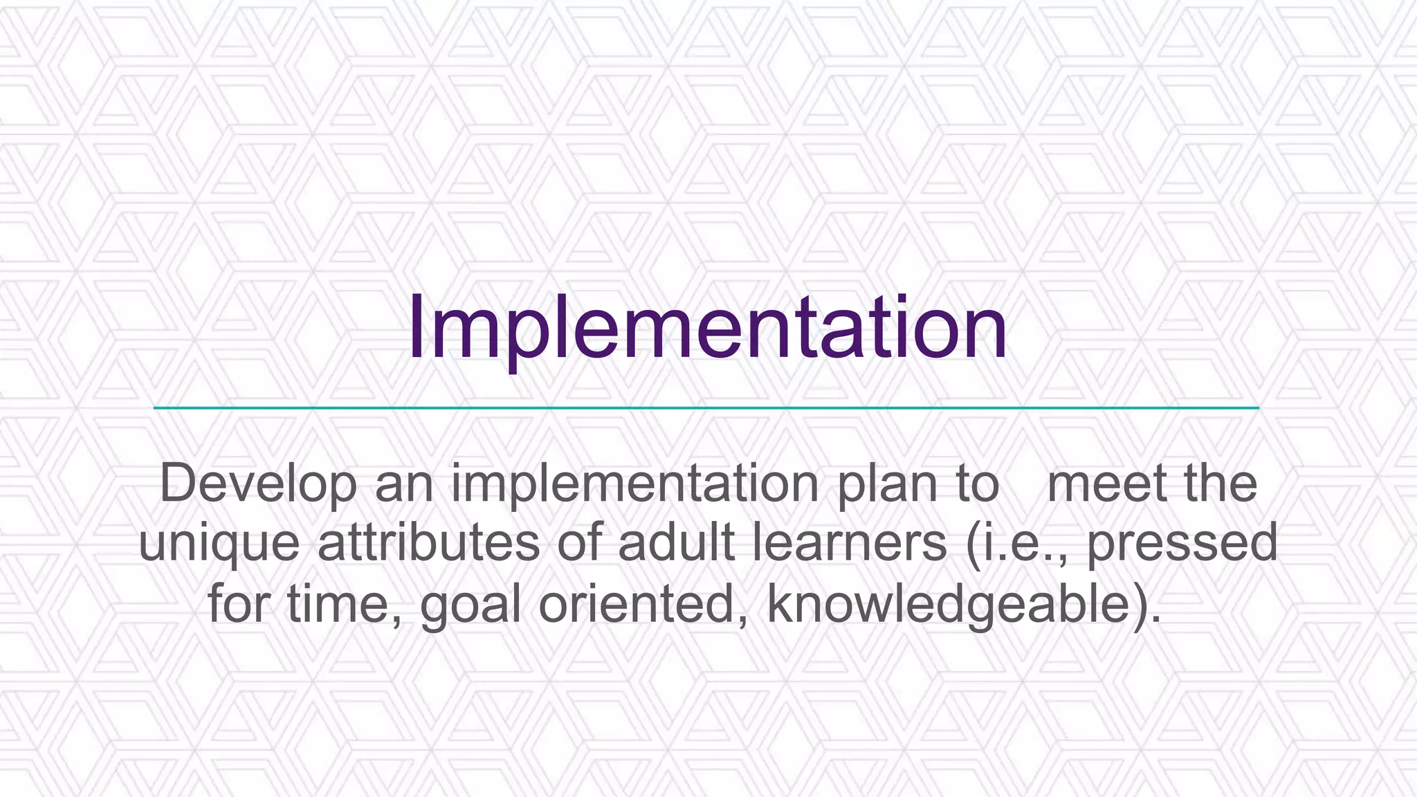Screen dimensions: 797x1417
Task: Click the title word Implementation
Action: [x=706, y=329]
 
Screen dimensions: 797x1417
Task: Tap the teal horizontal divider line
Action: [x=706, y=408]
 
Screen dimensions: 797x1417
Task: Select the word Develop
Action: [x=258, y=484]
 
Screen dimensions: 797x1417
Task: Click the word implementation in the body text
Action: [x=635, y=484]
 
